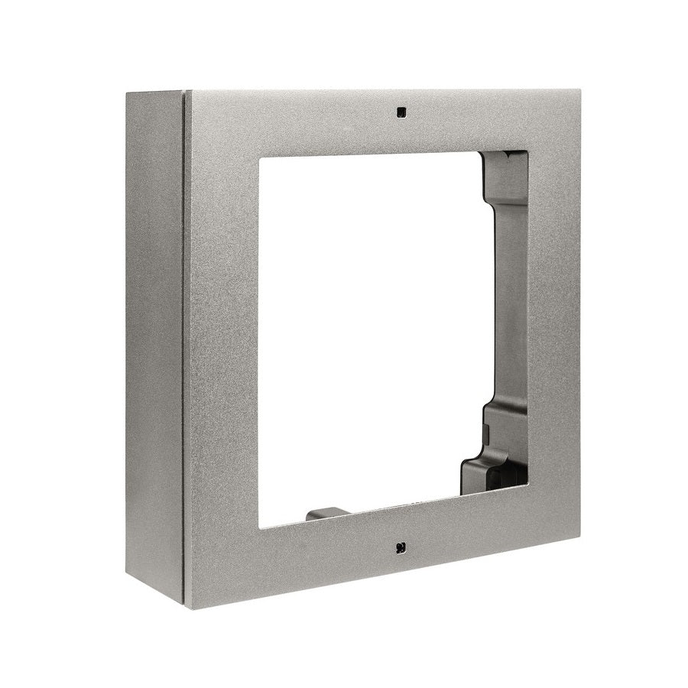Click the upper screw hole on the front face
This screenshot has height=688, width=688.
[401, 112]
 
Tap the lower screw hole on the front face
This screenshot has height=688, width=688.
[401, 547]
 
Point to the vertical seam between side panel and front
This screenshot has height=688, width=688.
[185, 344]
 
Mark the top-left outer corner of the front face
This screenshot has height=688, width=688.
[187, 91]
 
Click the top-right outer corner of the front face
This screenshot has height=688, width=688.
[577, 89]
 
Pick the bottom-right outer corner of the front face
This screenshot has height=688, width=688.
[578, 537]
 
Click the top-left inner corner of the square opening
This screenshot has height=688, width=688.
[260, 158]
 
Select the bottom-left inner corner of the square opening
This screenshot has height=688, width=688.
[260, 527]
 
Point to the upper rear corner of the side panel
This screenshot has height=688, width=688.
[127, 94]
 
